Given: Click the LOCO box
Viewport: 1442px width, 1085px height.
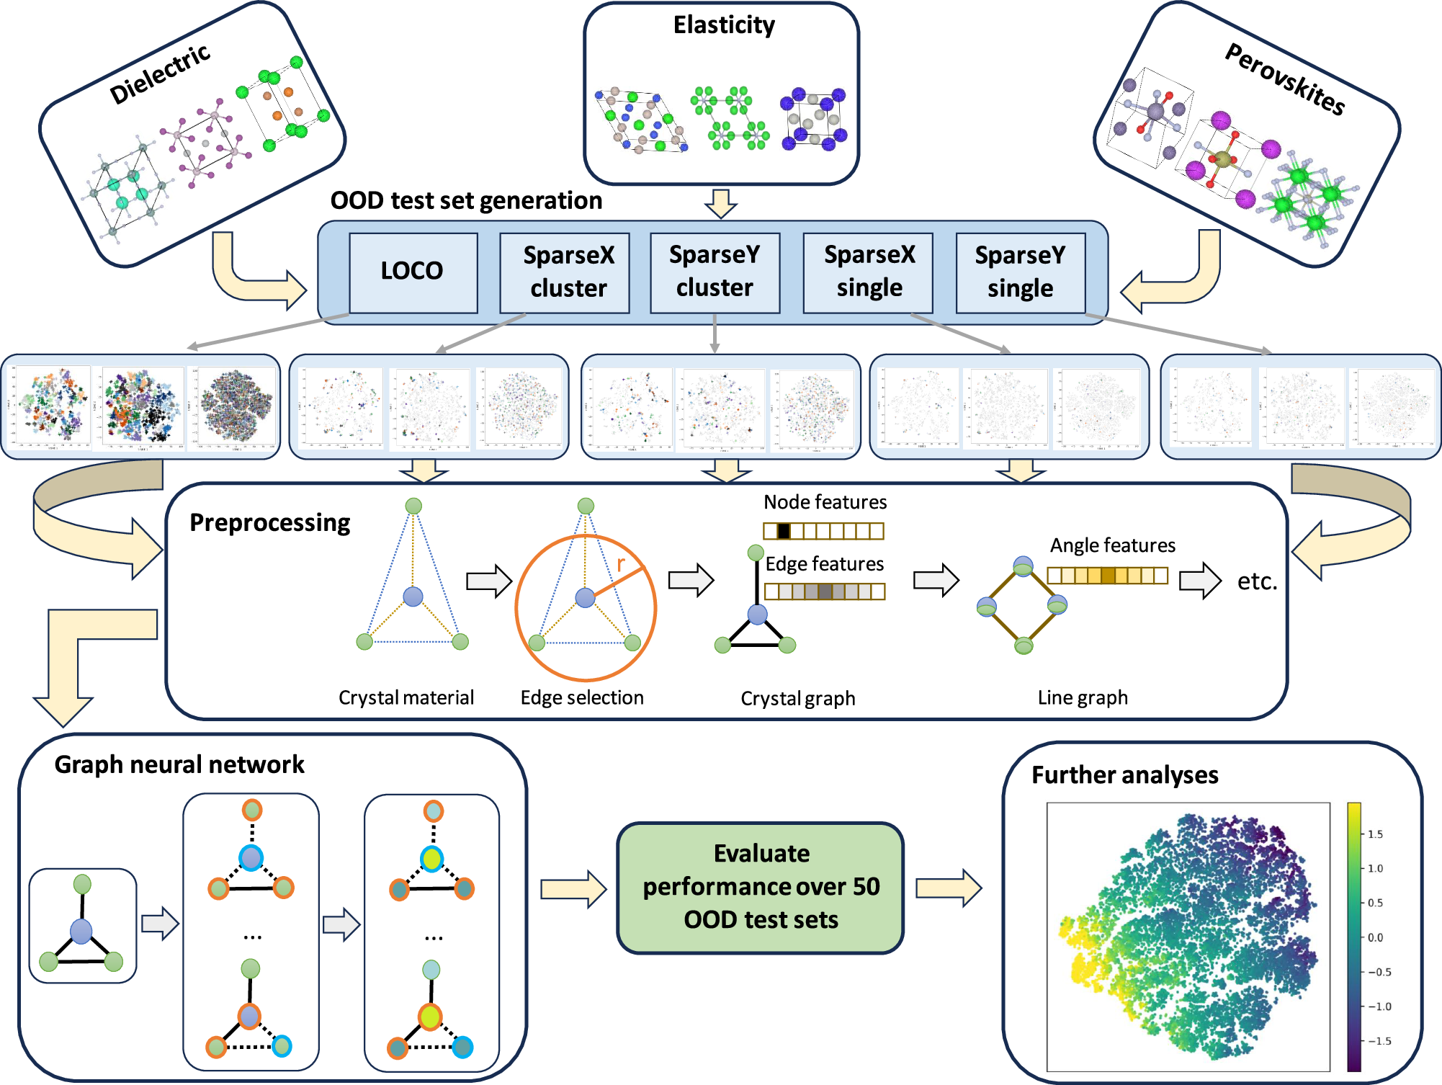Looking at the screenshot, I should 413,272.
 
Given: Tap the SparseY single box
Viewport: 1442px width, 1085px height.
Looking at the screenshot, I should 1020,272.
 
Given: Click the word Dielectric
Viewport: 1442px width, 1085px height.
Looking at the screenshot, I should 160,73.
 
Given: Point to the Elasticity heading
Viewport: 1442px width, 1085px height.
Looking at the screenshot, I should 724,25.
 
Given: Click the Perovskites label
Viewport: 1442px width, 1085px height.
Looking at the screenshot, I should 1285,79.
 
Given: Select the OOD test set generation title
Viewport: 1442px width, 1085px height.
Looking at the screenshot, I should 466,200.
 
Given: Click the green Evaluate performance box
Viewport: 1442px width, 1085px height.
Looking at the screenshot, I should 761,887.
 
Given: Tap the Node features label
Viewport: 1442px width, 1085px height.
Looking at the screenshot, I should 825,501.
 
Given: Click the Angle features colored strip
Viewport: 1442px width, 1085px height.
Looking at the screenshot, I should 1107,576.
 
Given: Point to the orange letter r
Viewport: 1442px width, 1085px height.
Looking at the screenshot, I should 620,563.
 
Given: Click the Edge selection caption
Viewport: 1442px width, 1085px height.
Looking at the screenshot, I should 582,697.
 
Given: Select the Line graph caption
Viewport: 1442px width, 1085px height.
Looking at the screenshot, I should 1083,697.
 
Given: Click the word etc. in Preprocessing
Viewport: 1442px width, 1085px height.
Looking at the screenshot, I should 1257,581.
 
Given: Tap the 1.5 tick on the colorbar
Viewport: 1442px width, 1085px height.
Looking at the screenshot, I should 1375,834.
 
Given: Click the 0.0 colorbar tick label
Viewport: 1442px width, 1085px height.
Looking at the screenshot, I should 1375,937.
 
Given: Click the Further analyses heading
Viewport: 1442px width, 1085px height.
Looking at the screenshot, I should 1124,775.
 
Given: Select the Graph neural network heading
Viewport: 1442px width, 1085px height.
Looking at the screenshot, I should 179,764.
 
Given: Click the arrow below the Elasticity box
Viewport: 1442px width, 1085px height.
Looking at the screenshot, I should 720,203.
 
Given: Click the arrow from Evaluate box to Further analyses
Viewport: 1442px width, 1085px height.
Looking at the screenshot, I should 948,888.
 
